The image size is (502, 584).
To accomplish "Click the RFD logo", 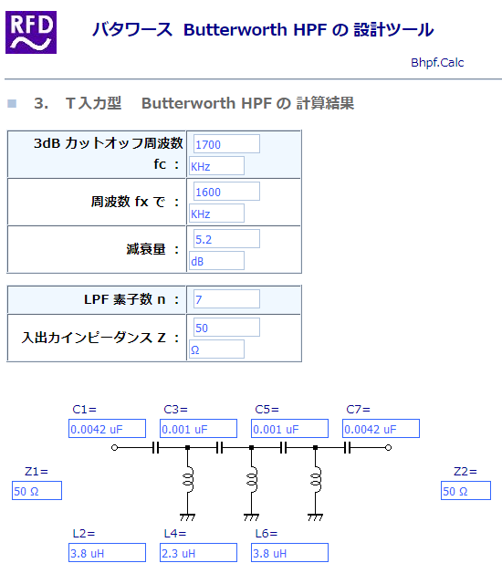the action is tap(31, 33).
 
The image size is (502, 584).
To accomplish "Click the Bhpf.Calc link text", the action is tap(437, 63).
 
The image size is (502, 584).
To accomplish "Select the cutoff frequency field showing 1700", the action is tap(226, 144).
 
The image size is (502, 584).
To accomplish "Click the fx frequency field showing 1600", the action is tap(226, 192).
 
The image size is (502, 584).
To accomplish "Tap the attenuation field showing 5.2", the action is tap(226, 239).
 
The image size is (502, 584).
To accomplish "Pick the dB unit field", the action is tap(216, 261).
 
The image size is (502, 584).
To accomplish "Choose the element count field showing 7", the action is tap(226, 299).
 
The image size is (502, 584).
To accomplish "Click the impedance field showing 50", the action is tap(226, 328).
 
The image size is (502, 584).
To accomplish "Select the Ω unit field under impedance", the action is tap(216, 349).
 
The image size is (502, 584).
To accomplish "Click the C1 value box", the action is tap(108, 429).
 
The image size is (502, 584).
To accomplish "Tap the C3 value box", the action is tap(198, 429).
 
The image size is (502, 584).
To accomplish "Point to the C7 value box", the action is tap(381, 429).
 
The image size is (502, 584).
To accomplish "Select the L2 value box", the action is tap(108, 553).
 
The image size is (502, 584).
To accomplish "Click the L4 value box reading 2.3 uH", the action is tap(198, 553).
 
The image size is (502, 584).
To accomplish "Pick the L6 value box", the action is tap(289, 553).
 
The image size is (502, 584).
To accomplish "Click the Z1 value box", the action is tap(37, 491).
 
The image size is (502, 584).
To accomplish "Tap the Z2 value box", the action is tap(465, 491).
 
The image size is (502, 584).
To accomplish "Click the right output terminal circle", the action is tap(388, 447).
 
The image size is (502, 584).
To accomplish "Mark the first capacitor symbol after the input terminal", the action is tap(156, 447).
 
